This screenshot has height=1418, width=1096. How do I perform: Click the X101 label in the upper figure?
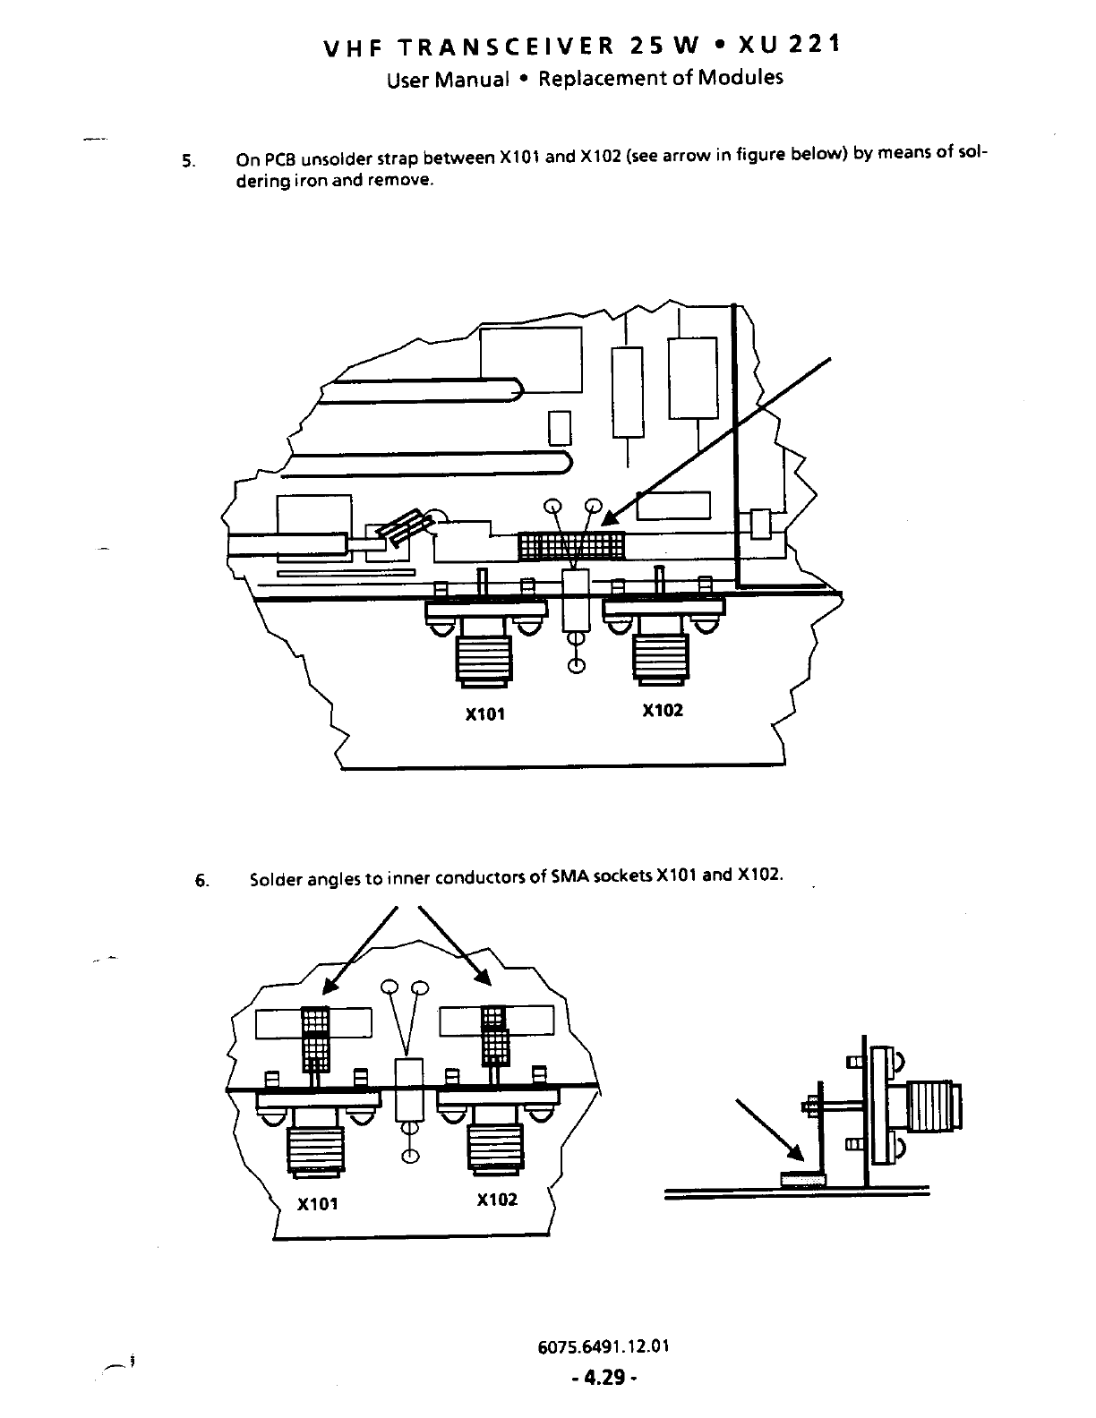(x=485, y=714)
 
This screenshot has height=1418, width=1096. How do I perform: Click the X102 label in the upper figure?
(x=663, y=710)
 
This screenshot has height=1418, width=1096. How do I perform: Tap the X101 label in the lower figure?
(x=318, y=1204)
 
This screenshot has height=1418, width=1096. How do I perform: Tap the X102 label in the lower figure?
(x=497, y=1200)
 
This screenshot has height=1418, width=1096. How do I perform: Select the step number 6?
(x=201, y=880)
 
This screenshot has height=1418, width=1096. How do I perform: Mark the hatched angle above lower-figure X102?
(x=494, y=1035)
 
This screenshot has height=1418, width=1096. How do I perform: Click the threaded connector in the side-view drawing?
(x=934, y=1109)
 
